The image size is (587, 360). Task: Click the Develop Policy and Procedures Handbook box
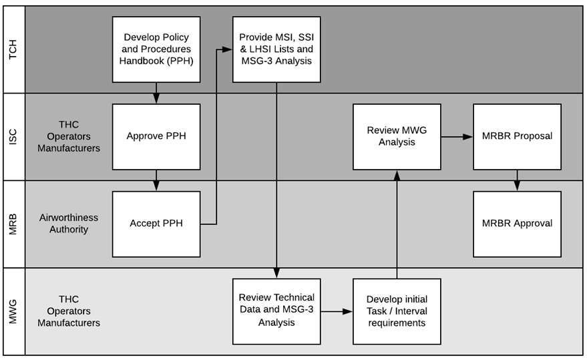point(156,49)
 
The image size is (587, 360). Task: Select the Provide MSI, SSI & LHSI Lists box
point(276,49)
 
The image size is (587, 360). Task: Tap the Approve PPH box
point(156,136)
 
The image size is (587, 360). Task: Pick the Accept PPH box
point(156,224)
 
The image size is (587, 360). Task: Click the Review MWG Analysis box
point(397,136)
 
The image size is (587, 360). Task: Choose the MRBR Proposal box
point(517,136)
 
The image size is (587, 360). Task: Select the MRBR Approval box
point(517,224)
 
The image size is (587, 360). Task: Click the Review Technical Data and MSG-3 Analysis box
point(276,311)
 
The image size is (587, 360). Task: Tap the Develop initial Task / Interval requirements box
point(397,311)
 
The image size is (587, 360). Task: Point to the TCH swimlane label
point(13,49)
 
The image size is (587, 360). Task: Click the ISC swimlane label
point(13,136)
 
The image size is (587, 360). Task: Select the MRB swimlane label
point(13,224)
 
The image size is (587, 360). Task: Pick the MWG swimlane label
point(13,311)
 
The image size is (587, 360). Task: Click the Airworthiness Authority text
point(68,224)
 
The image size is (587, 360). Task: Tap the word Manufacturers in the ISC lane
point(69,148)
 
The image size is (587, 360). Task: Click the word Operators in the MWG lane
point(69,311)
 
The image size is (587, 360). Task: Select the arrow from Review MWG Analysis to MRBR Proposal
point(457,136)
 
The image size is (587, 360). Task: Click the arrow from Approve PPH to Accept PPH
point(156,180)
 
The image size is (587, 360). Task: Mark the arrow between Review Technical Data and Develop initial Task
point(337,311)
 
